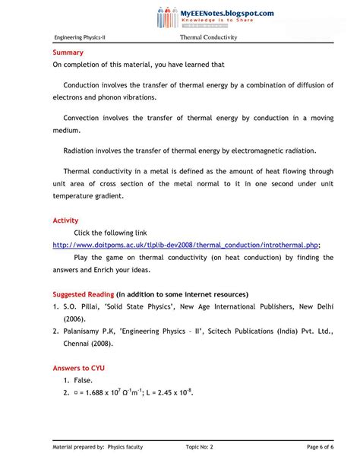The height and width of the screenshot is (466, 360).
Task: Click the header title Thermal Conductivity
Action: pyautogui.click(x=209, y=37)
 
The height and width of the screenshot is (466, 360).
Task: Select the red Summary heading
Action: pyautogui.click(x=68, y=53)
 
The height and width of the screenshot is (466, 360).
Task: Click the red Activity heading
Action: pyautogui.click(x=65, y=220)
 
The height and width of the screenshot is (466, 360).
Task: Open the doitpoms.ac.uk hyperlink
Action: pyautogui.click(x=186, y=245)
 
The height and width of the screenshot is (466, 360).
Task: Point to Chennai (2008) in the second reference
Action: pyautogui.click(x=91, y=344)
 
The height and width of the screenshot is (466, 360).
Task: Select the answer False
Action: pyautogui.click(x=84, y=380)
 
